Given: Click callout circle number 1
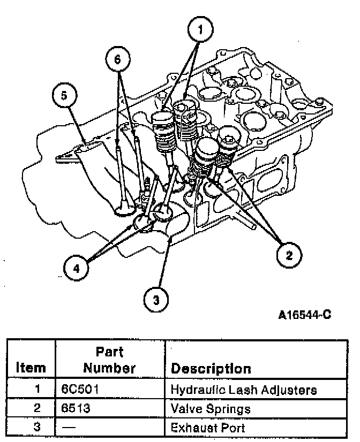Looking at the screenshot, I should coord(200,31).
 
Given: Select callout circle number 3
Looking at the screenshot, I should coord(156,300).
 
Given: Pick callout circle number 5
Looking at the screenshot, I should coord(64,96).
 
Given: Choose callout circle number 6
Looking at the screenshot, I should coord(117,59).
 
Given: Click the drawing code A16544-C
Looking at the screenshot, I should coord(304,315).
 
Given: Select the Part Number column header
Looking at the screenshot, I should coord(109,360).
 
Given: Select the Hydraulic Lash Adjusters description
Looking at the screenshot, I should coord(243,390).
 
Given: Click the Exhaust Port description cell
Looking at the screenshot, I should coord(207,428).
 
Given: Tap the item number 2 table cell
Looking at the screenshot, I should coord(37,409).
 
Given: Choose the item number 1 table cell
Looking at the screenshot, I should coord(37,389).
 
